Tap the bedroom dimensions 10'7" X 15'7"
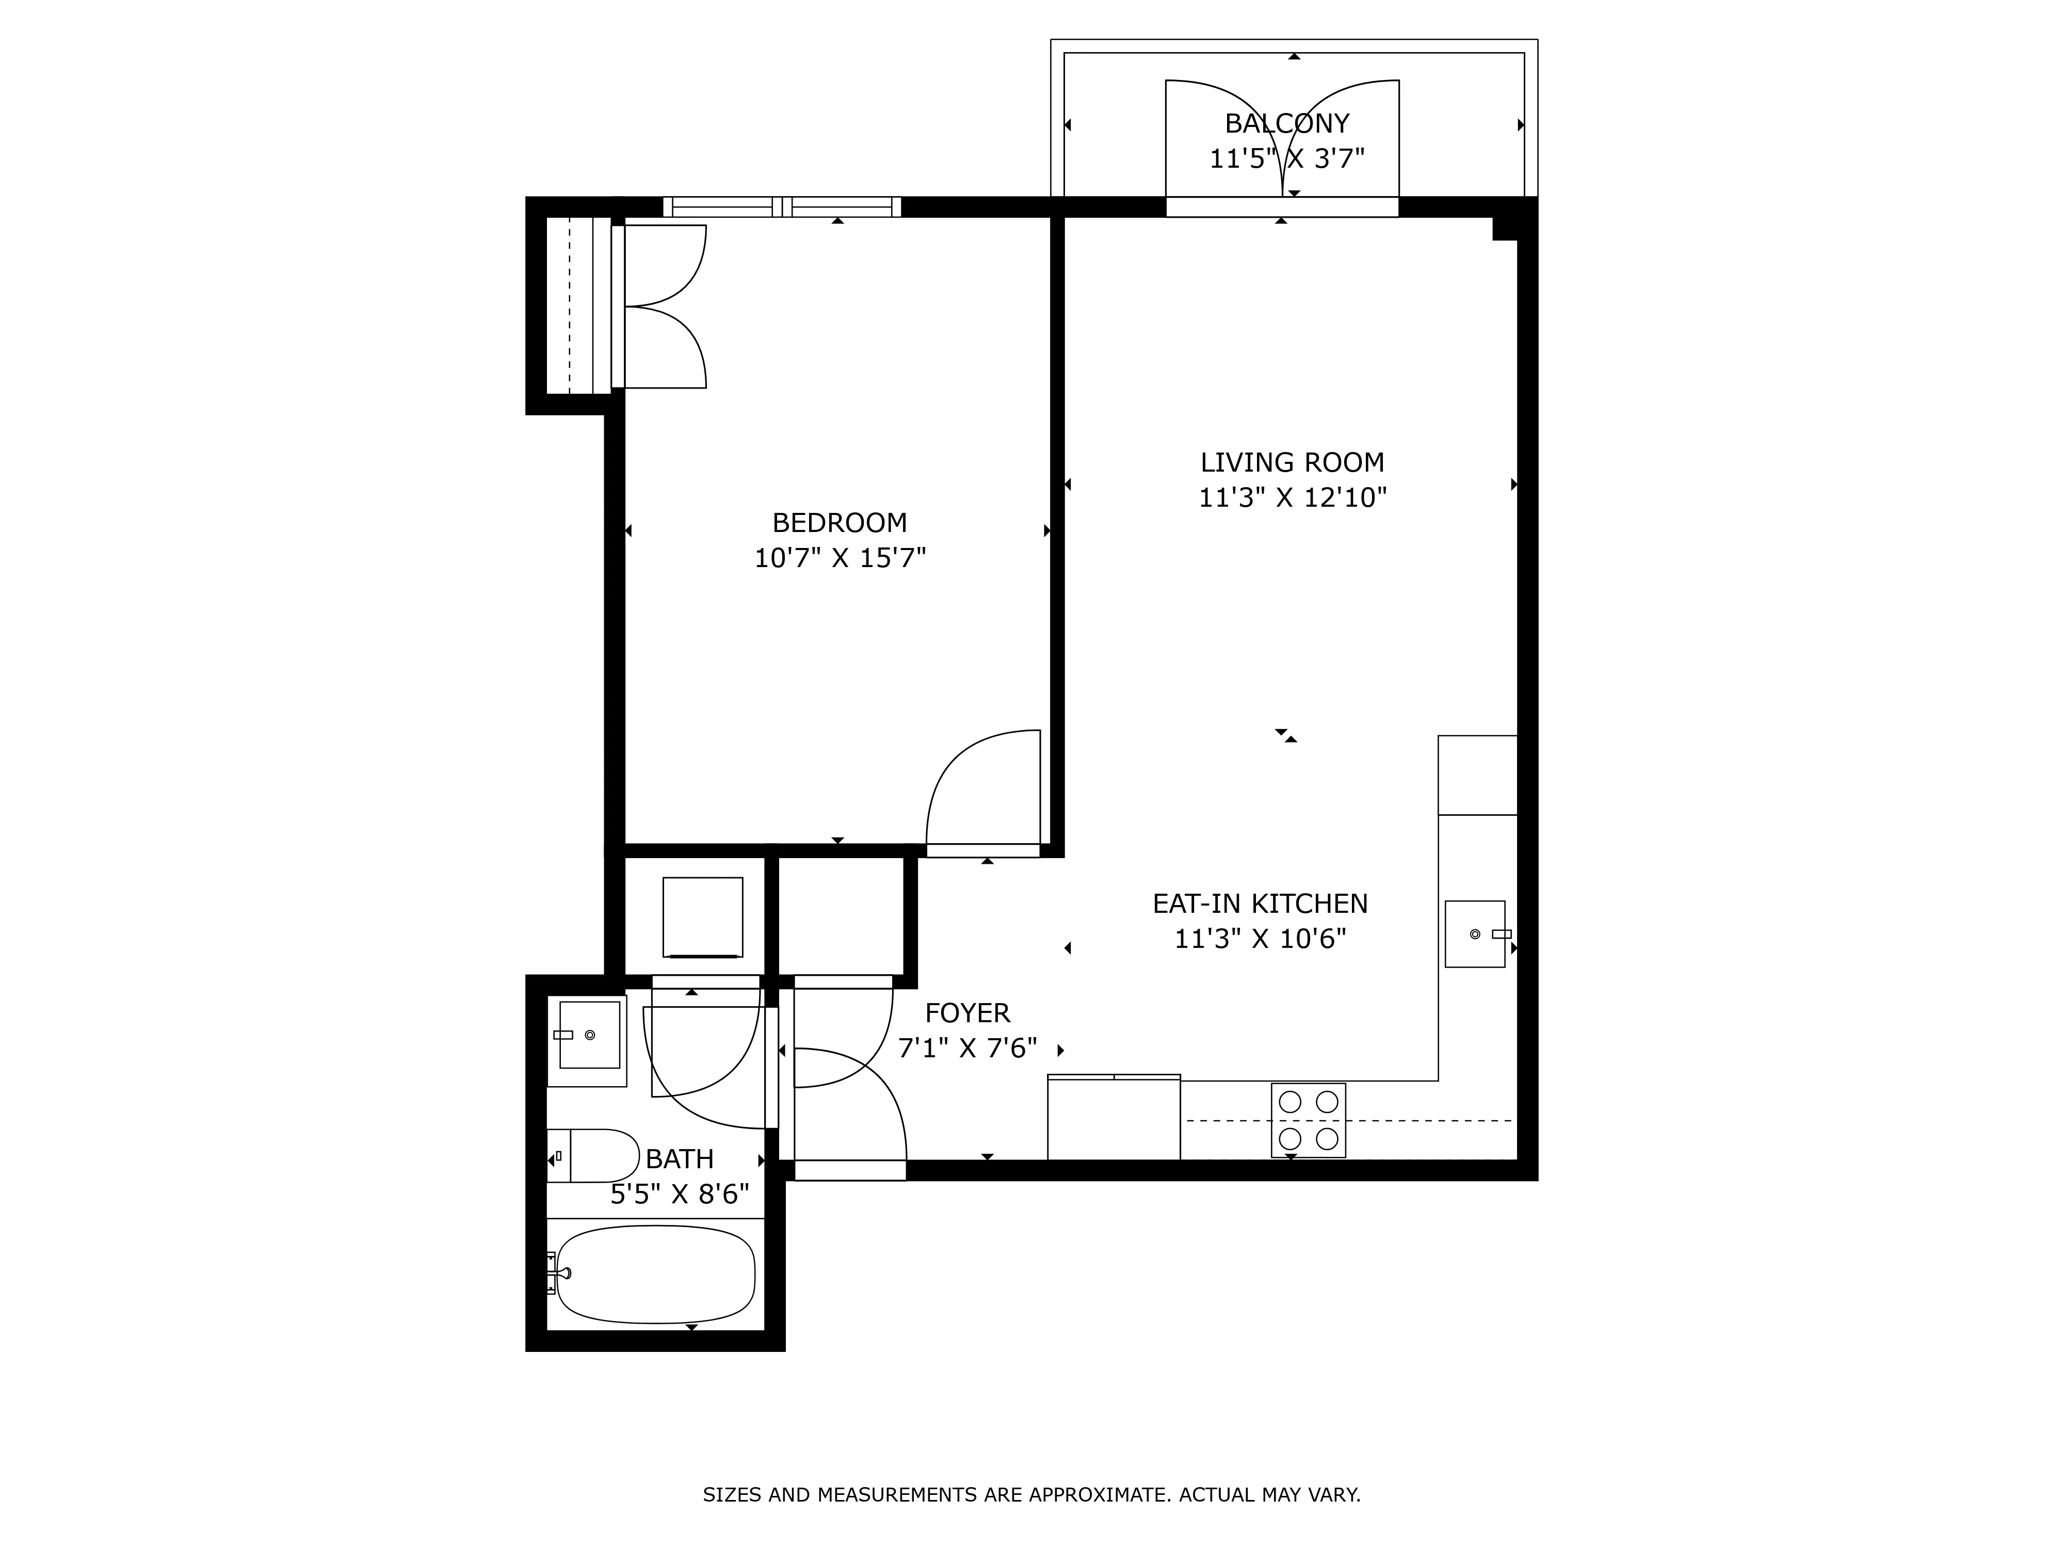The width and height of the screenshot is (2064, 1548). click(x=839, y=558)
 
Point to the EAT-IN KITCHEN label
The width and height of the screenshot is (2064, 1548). click(x=1260, y=903)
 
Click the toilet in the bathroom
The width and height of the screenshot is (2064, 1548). click(x=597, y=1155)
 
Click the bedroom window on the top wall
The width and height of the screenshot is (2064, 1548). click(x=782, y=206)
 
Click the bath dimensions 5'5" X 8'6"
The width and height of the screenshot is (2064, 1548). click(x=679, y=1195)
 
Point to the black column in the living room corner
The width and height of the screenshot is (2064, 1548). click(x=1505, y=227)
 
